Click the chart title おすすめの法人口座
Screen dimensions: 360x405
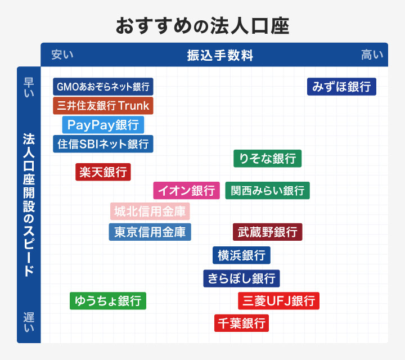pos(202,26)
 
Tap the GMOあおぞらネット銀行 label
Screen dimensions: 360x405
pos(103,87)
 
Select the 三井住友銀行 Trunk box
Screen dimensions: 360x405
pos(103,105)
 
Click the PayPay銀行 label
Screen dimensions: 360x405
pos(103,124)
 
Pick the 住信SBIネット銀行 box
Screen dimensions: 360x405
pos(103,143)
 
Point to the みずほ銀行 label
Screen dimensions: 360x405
pos(341,87)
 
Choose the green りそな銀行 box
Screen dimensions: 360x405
pos(267,159)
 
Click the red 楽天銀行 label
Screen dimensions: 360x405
pos(103,172)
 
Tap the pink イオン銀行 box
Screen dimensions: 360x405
pos(186,191)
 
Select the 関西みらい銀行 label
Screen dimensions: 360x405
pos(267,191)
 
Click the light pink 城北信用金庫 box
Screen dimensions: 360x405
pos(150,211)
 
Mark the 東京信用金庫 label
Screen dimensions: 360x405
pos(150,232)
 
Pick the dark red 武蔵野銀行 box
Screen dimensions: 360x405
pos(267,232)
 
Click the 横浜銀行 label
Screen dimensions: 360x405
pos(241,255)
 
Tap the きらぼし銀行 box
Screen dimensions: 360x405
pos(241,278)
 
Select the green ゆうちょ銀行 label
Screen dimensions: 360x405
pos(108,301)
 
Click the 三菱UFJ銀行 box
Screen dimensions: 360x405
pos(278,301)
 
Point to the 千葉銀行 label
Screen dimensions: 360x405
pos(241,323)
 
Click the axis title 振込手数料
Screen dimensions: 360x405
pos(220,55)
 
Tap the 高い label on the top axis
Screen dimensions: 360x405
pos(372,55)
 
